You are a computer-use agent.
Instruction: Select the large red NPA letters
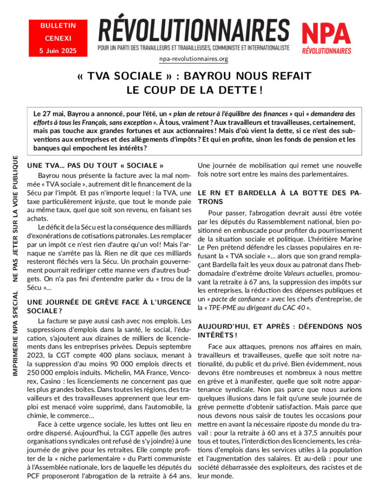326,34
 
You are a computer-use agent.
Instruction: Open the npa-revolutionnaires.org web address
194,59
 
